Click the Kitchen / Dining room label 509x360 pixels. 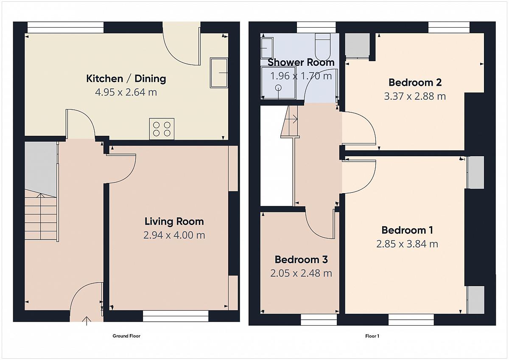[126, 79]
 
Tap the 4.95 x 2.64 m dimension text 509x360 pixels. [126, 92]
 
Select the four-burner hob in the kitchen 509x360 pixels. [162, 129]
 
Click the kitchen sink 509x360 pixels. [219, 73]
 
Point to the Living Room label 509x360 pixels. [174, 222]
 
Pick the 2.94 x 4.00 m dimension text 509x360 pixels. [174, 235]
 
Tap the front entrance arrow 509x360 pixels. [87, 321]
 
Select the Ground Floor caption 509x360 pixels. [126, 336]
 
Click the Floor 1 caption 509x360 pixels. [372, 336]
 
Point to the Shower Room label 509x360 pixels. [301, 62]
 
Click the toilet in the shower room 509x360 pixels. [323, 47]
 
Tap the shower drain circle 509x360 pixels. [278, 88]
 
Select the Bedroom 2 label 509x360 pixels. [415, 82]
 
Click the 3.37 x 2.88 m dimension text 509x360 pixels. [415, 96]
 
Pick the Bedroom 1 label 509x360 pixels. [407, 230]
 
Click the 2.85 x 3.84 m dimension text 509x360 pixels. [407, 244]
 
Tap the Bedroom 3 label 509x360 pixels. [301, 259]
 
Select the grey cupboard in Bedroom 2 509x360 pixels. [358, 45]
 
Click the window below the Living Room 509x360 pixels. [176, 316]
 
